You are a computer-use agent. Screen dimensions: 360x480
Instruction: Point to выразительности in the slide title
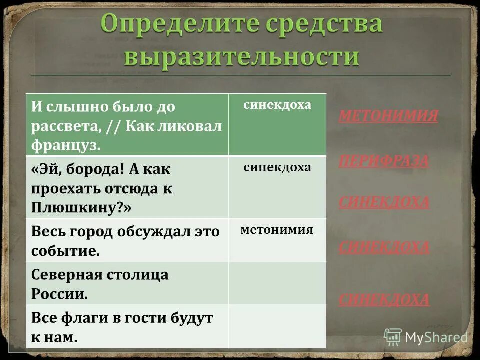tap(241, 56)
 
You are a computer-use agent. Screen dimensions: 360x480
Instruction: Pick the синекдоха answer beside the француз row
tap(277, 105)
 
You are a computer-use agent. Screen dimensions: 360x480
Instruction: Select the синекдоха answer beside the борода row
tap(277, 167)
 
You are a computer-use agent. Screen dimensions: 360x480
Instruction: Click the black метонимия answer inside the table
tap(277, 230)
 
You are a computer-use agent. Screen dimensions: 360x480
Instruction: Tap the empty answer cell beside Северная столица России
tap(277, 283)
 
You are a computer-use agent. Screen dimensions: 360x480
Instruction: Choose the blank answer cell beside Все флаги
tap(277, 326)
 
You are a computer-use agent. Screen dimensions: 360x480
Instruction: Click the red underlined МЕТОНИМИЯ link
tap(388, 116)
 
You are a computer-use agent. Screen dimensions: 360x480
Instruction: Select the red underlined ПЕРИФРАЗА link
tap(383, 161)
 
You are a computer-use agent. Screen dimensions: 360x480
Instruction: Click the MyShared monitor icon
tap(393, 337)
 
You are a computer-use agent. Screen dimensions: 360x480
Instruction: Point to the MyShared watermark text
tap(436, 337)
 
